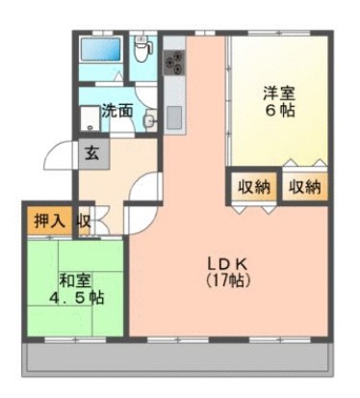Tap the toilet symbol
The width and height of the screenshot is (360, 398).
(142, 46)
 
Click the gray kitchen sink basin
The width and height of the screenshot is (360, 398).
(174, 118)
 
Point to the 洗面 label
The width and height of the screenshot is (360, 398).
(116, 111)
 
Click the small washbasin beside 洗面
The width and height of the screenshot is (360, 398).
(150, 120)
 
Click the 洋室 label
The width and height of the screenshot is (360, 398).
(279, 93)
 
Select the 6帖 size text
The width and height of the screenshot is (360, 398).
(280, 111)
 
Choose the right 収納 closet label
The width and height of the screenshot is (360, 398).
(306, 187)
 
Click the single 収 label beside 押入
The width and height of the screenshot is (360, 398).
(84, 220)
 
